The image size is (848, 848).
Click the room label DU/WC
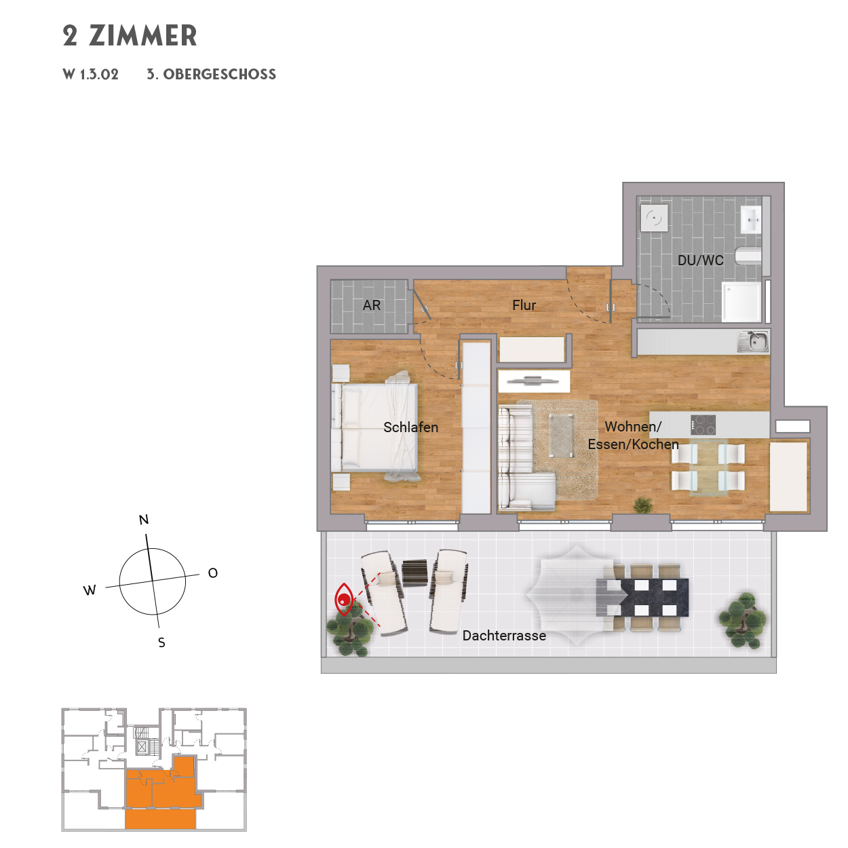[700, 261]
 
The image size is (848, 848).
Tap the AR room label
[372, 305]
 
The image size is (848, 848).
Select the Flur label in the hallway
[524, 305]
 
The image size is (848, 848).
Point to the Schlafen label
[410, 427]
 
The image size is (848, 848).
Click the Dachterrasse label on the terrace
[504, 636]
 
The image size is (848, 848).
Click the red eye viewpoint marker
[344, 599]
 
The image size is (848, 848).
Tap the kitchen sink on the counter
[753, 341]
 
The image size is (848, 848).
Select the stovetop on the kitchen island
[703, 425]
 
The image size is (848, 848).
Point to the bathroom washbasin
[752, 219]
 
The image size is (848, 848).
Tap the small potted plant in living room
[642, 505]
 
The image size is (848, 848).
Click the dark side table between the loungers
[415, 572]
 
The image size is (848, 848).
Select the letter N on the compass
[144, 520]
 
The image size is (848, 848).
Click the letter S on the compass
[161, 642]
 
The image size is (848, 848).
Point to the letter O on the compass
[213, 573]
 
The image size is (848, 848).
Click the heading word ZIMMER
[143, 36]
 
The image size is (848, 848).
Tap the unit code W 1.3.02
[90, 75]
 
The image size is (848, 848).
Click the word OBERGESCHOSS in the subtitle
[220, 75]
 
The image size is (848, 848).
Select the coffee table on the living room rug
[561, 435]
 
